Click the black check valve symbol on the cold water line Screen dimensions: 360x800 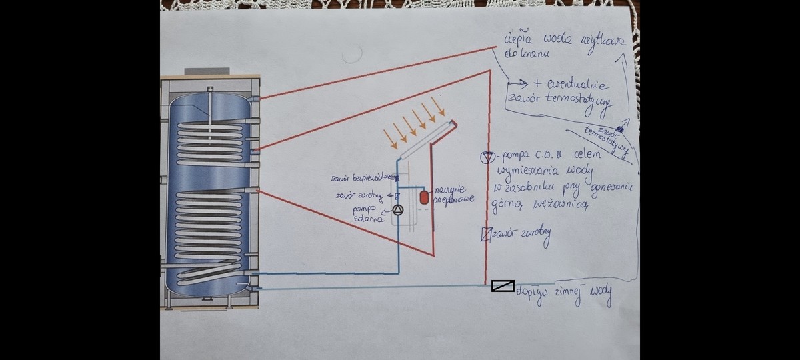(x=503, y=286)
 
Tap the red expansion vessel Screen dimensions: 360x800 (x=423, y=197)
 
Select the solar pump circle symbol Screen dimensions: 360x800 (x=398, y=211)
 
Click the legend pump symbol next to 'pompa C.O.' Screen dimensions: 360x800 (x=487, y=157)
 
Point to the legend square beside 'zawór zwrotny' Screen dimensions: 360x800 (x=485, y=233)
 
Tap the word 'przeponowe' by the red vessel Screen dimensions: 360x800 (x=450, y=198)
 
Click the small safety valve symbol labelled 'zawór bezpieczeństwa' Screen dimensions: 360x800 (x=397, y=179)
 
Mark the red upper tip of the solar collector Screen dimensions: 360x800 (x=453, y=123)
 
